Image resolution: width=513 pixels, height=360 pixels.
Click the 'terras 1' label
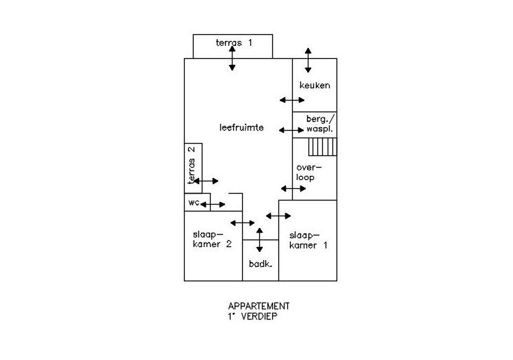pyautogui.click(x=234, y=42)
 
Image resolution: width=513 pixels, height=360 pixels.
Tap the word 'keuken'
pyautogui.click(x=315, y=86)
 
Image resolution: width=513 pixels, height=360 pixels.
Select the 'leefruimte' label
pyautogui.click(x=241, y=127)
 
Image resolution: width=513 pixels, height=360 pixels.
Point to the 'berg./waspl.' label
pyautogui.click(x=320, y=123)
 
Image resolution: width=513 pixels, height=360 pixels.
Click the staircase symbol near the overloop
pyautogui.click(x=323, y=147)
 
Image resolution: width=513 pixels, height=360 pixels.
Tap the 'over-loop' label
pyautogui.click(x=309, y=172)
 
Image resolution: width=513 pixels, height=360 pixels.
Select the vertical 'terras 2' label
pyautogui.click(x=192, y=165)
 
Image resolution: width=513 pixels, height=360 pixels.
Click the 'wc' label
pyautogui.click(x=194, y=203)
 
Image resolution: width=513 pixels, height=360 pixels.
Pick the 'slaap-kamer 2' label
pyautogui.click(x=212, y=240)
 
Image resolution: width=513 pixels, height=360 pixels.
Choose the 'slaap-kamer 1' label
pyautogui.click(x=308, y=240)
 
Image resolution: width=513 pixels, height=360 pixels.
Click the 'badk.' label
pyautogui.click(x=261, y=263)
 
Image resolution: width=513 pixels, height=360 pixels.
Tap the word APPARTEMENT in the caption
pyautogui.click(x=259, y=307)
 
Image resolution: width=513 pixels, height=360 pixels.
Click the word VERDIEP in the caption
pyautogui.click(x=259, y=316)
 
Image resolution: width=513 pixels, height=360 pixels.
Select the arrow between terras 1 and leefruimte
pyautogui.click(x=232, y=58)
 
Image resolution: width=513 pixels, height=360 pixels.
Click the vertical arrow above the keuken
pyautogui.click(x=308, y=60)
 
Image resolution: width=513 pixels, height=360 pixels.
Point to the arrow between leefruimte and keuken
pyautogui.click(x=292, y=100)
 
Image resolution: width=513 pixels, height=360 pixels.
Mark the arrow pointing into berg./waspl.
pyautogui.click(x=291, y=130)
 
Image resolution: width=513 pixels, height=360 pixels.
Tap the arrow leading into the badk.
pyautogui.click(x=259, y=240)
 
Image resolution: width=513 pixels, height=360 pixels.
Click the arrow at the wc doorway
pyautogui.click(x=213, y=205)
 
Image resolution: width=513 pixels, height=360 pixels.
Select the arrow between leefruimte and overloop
pyautogui.click(x=293, y=188)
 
